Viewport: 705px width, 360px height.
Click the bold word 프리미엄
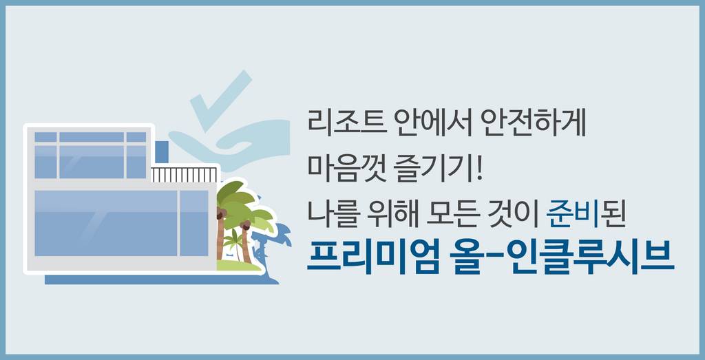point(372,257)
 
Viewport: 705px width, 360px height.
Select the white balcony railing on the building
point(184,174)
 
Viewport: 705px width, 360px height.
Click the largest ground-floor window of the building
point(105,223)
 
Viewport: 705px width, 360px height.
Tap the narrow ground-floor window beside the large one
point(194,223)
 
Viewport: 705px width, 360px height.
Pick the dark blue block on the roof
point(161,152)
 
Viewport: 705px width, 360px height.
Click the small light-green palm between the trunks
point(234,244)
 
